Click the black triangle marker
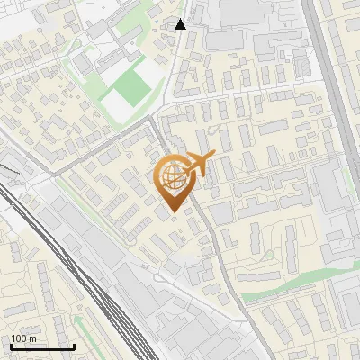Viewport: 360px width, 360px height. pyautogui.click(x=181, y=24)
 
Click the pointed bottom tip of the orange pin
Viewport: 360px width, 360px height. pyautogui.click(x=173, y=212)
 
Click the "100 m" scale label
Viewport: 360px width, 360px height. pyautogui.click(x=23, y=338)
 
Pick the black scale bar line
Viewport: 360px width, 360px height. pyautogui.click(x=42, y=346)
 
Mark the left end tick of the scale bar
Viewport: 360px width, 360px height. pyautogui.click(x=11, y=346)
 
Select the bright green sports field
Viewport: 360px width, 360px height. pyautogui.click(x=131, y=85)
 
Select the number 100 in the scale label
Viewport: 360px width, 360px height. pyautogui.click(x=19, y=338)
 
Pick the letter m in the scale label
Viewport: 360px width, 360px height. pyautogui.click(x=32, y=338)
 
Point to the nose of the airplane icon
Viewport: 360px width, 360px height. pyautogui.click(x=214, y=155)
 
